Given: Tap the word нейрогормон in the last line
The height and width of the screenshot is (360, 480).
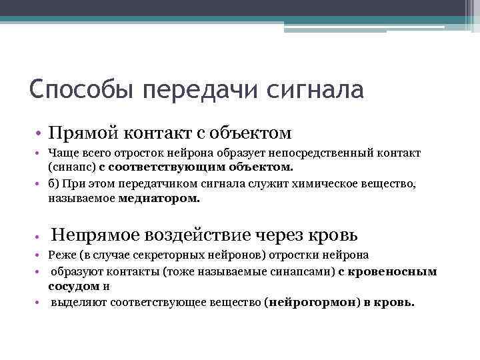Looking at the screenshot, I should click(x=304, y=301).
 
